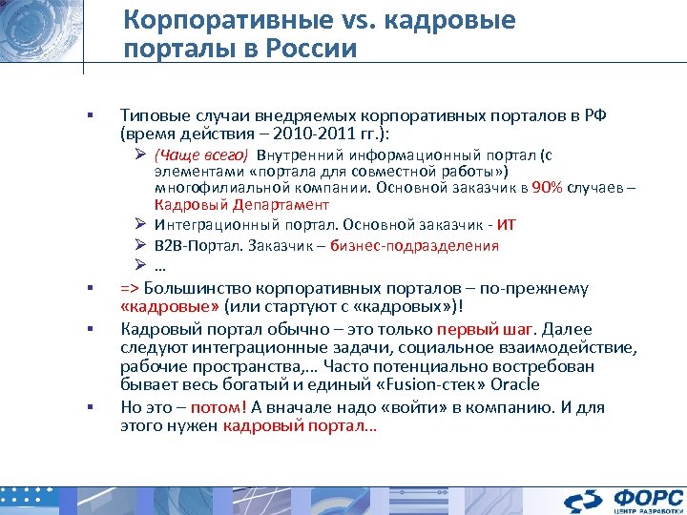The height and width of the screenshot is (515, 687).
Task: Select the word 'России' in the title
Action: tap(311, 50)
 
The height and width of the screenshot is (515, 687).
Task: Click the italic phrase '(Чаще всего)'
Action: tap(201, 156)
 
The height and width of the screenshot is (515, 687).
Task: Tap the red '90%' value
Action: tap(548, 187)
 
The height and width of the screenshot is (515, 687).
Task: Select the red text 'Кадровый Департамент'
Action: tap(241, 204)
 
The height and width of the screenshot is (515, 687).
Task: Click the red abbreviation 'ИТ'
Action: tap(507, 225)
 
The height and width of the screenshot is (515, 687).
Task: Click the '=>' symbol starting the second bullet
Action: tap(130, 287)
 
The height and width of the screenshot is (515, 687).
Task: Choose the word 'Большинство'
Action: tap(195, 287)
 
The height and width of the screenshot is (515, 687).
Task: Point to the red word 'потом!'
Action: tap(224, 407)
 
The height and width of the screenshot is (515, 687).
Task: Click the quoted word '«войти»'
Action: tap(393, 407)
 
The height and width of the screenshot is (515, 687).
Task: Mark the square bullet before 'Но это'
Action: tap(87, 407)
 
